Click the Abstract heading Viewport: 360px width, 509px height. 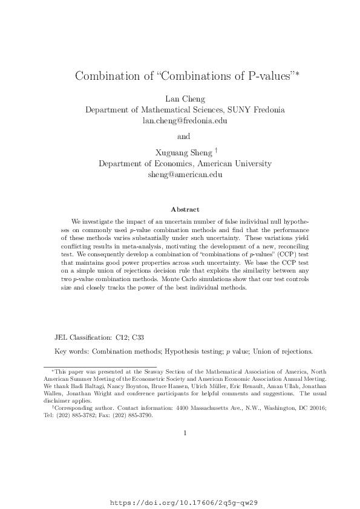tap(185, 209)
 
